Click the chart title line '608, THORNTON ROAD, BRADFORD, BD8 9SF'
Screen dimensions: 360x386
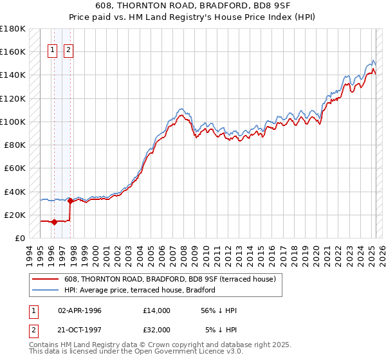click(x=193, y=7)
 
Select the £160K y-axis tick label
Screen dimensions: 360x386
click(x=13, y=51)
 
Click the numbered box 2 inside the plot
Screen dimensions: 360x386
click(x=68, y=51)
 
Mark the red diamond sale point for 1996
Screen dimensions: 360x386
click(x=54, y=222)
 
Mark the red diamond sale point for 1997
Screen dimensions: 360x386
click(x=70, y=201)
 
